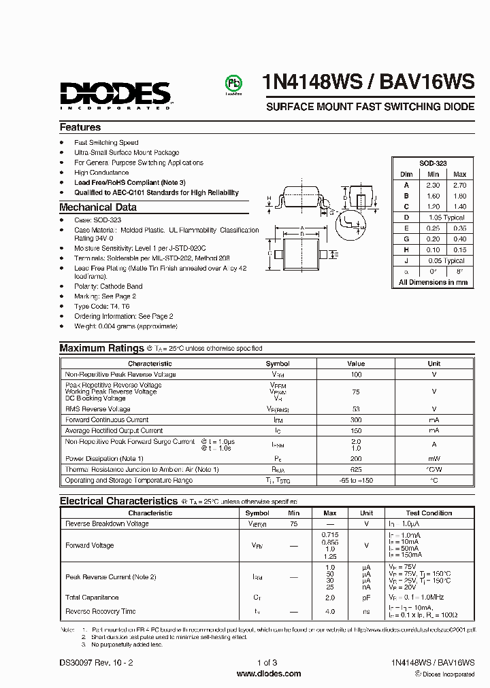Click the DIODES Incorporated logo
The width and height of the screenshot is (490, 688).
114,94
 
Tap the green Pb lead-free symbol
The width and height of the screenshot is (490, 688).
233,83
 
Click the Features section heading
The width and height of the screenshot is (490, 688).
80,127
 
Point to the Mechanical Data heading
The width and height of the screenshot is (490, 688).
98,207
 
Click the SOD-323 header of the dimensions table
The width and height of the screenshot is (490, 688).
433,165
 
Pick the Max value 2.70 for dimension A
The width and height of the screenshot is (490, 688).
459,185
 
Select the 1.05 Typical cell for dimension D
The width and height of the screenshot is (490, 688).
446,218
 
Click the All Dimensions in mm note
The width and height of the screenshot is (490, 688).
433,282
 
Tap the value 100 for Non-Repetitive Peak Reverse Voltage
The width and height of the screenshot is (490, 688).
356,375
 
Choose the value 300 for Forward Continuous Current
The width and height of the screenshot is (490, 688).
356,420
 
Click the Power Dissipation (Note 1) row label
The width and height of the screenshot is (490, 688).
104,459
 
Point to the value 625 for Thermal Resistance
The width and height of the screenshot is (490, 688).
356,470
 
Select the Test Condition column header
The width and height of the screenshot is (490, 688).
429,513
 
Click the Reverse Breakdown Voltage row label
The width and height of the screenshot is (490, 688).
107,524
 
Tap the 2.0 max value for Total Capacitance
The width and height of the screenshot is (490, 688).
329,598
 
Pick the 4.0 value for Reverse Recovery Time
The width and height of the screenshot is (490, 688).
329,612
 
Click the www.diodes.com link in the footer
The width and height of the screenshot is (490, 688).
269,674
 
